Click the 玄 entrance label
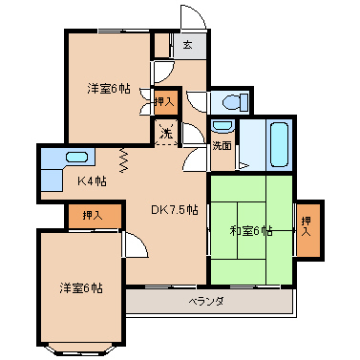click(187, 46)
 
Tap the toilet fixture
click(236, 101)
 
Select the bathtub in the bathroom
click(279, 145)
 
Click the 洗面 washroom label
click(222, 146)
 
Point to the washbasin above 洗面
click(223, 126)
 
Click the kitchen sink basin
click(76, 158)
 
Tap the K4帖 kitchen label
click(92, 181)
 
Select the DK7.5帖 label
click(175, 210)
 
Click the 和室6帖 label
click(251, 231)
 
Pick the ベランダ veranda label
click(207, 301)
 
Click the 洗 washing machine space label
click(166, 133)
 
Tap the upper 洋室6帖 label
click(109, 89)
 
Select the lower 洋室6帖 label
click(81, 288)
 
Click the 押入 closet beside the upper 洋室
click(164, 102)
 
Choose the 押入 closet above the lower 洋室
click(95, 216)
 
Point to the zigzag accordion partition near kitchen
click(124, 160)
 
